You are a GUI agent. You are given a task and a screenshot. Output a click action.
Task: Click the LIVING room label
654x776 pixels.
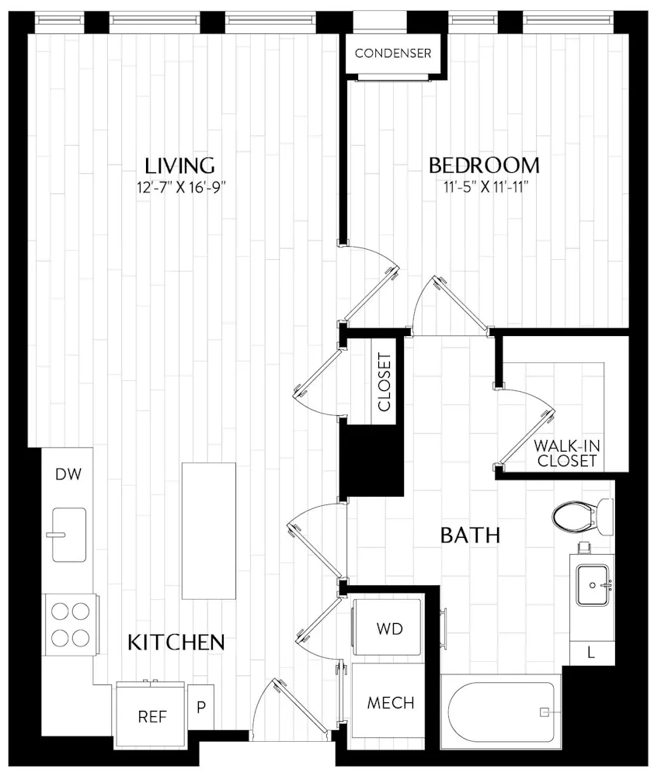[179, 165]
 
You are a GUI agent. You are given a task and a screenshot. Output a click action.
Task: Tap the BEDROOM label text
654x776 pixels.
[484, 165]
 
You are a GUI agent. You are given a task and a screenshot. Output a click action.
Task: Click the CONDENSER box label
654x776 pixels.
[392, 54]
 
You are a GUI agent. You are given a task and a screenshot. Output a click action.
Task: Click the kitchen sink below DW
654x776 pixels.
[69, 534]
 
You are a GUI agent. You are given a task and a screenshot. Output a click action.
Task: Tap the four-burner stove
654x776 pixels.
[70, 626]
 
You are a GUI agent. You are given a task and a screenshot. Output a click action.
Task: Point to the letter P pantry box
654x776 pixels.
[200, 708]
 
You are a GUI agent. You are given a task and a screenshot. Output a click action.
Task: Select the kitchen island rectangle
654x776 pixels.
[209, 531]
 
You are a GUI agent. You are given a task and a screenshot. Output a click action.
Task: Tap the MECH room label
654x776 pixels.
[390, 703]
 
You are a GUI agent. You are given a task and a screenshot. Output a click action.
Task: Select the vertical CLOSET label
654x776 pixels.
[383, 383]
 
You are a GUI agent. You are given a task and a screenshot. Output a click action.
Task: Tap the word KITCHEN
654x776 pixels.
[176, 642]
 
